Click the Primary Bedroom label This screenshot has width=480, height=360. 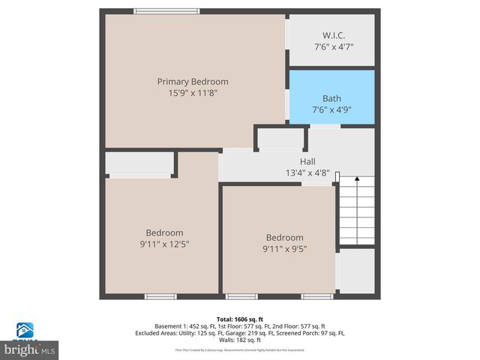(193, 81)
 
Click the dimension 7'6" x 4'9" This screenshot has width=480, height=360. (331, 110)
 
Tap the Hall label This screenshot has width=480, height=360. (307, 161)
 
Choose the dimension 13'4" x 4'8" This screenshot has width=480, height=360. (307, 172)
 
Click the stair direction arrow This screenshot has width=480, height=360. (358, 181)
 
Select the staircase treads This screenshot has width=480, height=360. (356, 217)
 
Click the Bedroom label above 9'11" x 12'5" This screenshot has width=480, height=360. (164, 232)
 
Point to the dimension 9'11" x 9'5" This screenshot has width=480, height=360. (284, 249)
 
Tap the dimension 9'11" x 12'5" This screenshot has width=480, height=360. (164, 244)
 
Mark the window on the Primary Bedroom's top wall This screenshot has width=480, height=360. (166, 11)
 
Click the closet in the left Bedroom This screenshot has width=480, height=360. (140, 163)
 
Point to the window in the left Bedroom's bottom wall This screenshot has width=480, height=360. (160, 297)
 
